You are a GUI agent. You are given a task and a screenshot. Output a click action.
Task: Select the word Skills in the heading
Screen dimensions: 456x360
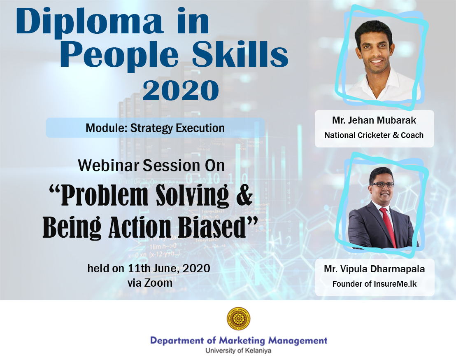(x=240, y=54)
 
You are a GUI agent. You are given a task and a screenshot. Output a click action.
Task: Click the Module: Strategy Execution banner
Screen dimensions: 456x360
(x=155, y=128)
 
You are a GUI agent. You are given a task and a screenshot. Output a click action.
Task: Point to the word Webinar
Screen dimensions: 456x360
(x=109, y=165)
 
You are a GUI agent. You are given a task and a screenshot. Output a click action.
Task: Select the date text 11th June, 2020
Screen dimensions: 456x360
(x=169, y=268)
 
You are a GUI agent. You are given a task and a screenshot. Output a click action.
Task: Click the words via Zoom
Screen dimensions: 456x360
(x=150, y=283)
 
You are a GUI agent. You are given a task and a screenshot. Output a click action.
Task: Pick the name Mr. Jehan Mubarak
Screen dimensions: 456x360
(x=374, y=120)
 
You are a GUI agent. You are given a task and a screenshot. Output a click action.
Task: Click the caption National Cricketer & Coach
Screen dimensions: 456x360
(x=374, y=135)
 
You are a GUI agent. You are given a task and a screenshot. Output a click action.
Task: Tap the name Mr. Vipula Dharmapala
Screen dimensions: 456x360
(x=374, y=269)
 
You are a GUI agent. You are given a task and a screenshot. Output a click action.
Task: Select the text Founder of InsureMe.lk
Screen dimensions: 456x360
(x=375, y=284)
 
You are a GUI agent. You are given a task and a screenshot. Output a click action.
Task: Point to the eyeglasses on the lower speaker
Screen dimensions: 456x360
(x=382, y=185)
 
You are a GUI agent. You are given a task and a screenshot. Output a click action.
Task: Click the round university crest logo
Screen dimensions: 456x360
(x=238, y=319)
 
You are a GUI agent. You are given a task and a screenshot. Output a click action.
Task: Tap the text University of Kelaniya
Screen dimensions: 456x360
(x=238, y=351)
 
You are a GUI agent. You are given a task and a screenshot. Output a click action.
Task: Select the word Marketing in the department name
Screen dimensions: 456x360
(x=242, y=341)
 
